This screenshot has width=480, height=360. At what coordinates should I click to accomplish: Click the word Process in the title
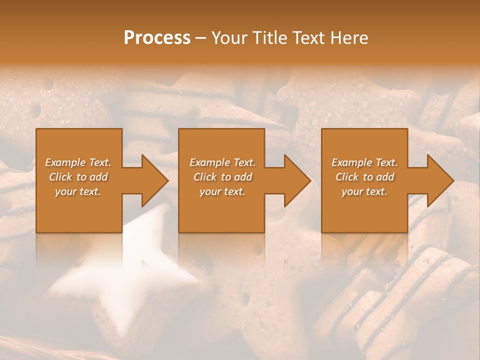coord(157,38)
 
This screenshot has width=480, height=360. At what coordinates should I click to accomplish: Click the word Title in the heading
coord(269,38)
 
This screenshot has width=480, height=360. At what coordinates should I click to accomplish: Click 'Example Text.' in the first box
coord(78,162)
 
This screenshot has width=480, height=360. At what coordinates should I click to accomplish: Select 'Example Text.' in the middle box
coord(222,162)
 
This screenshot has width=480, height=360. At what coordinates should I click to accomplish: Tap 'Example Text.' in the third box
coord(364,162)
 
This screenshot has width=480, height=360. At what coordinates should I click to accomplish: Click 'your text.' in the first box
coord(78,191)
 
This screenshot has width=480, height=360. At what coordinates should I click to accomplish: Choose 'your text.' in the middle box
coord(222,191)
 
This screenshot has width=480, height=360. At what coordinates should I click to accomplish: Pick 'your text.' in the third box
coord(364,191)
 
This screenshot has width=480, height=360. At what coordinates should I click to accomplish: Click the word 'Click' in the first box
coord(60,177)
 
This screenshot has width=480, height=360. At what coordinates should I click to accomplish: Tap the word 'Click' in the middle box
coord(205,177)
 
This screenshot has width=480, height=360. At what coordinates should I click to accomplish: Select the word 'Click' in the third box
coord(347,177)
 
